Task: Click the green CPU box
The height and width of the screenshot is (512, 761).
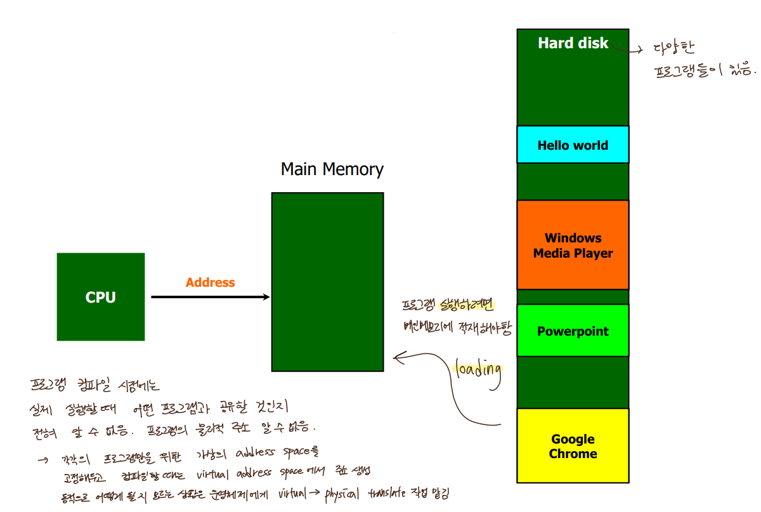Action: (101, 297)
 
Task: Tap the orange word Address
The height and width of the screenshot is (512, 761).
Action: (210, 282)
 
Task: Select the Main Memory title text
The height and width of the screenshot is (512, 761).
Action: (332, 169)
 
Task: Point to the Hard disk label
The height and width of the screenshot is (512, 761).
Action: (573, 43)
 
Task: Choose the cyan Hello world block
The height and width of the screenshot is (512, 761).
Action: (573, 145)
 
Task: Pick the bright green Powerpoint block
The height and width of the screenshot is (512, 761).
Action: (573, 331)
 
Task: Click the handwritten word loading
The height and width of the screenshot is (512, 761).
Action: (478, 371)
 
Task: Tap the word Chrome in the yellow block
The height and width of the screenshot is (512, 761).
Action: (573, 454)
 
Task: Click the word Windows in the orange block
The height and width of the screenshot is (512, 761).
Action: (573, 238)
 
